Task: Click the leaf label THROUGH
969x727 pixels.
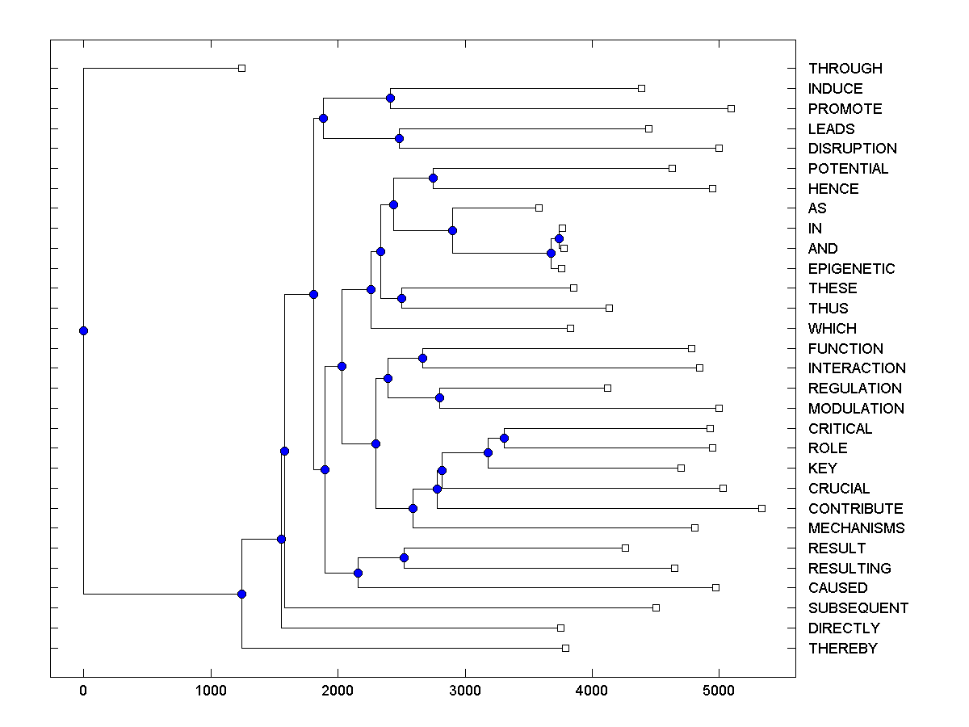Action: click(845, 69)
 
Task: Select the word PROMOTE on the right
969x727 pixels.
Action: click(845, 109)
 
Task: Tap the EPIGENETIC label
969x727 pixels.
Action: click(851, 269)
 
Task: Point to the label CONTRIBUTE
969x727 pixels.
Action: click(855, 509)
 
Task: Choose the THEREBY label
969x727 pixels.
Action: click(842, 649)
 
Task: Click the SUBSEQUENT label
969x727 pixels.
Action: click(858, 608)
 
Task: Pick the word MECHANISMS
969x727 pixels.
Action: click(856, 528)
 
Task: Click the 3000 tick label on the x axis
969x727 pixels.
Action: click(465, 691)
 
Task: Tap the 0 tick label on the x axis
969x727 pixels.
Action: click(83, 691)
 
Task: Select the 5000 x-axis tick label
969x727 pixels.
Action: click(719, 691)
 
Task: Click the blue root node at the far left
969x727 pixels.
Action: click(83, 330)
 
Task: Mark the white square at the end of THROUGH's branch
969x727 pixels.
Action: click(241, 69)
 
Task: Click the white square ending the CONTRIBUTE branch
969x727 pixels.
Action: click(761, 508)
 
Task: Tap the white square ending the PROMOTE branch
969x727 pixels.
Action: click(731, 108)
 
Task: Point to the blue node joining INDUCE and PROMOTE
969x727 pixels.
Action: click(390, 99)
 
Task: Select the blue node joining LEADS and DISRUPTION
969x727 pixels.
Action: click(399, 139)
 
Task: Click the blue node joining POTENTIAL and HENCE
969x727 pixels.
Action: click(433, 179)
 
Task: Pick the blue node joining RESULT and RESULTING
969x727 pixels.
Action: click(404, 558)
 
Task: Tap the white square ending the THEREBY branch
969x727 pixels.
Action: click(565, 648)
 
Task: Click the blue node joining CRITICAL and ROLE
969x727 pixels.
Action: click(504, 439)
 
